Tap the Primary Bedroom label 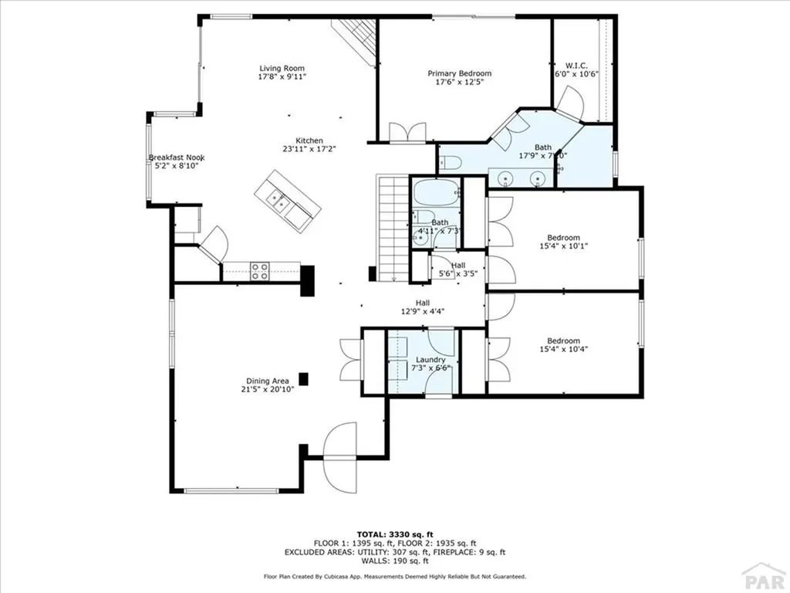click(x=460, y=73)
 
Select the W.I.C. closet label click(x=577, y=65)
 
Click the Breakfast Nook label click(x=177, y=158)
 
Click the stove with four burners click(x=260, y=271)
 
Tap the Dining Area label click(x=268, y=381)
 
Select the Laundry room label click(x=430, y=360)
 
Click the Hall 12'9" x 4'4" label click(x=423, y=303)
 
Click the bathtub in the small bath click(x=435, y=192)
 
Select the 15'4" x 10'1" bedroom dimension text click(x=563, y=246)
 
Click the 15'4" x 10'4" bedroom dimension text click(x=563, y=350)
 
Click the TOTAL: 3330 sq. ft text click(x=395, y=534)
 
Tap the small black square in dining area click(x=304, y=378)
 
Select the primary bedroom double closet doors click(x=407, y=133)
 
